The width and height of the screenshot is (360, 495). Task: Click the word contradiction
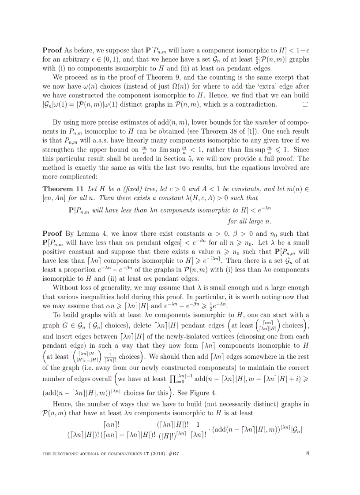(x=255, y=104)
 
